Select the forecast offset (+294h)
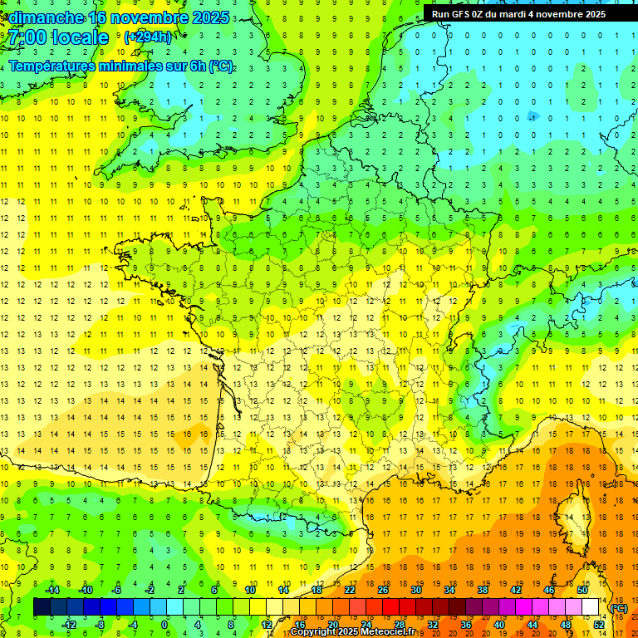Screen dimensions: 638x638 click(x=148, y=37)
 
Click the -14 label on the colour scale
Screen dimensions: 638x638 click(x=52, y=590)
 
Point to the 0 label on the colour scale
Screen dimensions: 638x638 click(x=164, y=625)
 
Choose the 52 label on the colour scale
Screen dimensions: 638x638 click(x=599, y=625)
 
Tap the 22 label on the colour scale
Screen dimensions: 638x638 click(x=350, y=590)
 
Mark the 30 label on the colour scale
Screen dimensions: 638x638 click(x=416, y=590)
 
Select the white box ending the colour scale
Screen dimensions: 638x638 click(x=590, y=607)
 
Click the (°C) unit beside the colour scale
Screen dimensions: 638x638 click(x=619, y=608)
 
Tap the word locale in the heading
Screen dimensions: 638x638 click(x=80, y=37)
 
